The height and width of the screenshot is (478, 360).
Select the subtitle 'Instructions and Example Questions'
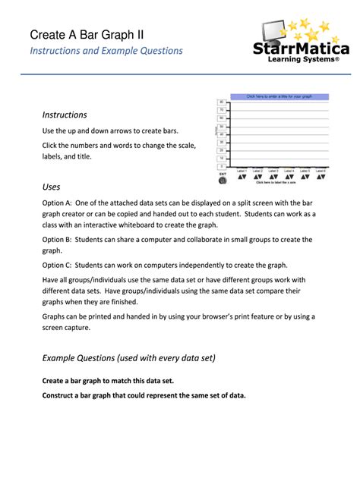point(106,51)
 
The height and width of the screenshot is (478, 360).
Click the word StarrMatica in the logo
point(302,49)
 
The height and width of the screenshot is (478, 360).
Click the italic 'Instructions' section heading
point(65,115)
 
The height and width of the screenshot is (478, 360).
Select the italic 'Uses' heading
point(51,187)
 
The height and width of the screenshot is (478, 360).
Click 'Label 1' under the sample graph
point(242,171)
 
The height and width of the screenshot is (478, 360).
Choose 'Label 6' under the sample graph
point(321,171)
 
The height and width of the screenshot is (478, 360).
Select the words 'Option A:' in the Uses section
point(57,203)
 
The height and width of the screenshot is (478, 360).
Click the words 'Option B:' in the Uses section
point(57,240)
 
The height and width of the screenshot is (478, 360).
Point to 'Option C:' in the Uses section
point(57,266)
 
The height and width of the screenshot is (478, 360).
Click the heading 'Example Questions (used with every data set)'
point(129,358)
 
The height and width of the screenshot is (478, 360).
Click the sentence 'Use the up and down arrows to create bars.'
point(110,131)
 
